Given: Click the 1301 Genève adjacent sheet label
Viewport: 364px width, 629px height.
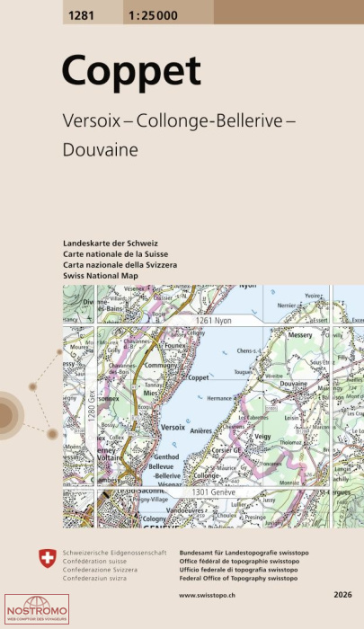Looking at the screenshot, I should (213, 493).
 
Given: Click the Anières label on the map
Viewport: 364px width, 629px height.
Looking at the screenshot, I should (226, 430).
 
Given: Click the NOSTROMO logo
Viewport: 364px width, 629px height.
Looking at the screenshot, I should (30, 610).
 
